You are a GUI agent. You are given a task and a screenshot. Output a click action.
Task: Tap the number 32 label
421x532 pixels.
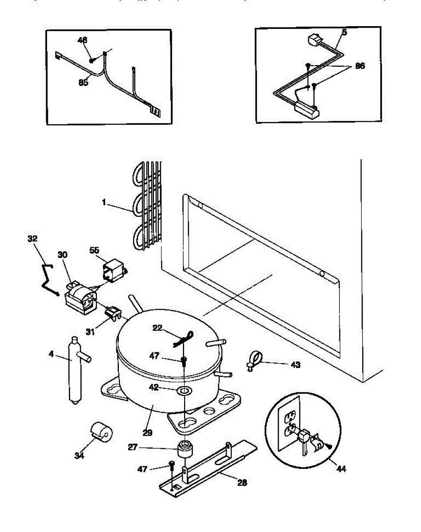click(32, 239)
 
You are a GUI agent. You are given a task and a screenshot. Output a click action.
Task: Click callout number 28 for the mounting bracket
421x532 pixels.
click(243, 482)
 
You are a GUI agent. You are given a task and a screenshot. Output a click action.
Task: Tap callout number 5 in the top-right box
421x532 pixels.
click(344, 32)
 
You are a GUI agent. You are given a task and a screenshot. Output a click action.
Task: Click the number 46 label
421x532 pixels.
click(83, 40)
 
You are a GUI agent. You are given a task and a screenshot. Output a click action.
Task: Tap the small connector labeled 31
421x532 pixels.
click(114, 314)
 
